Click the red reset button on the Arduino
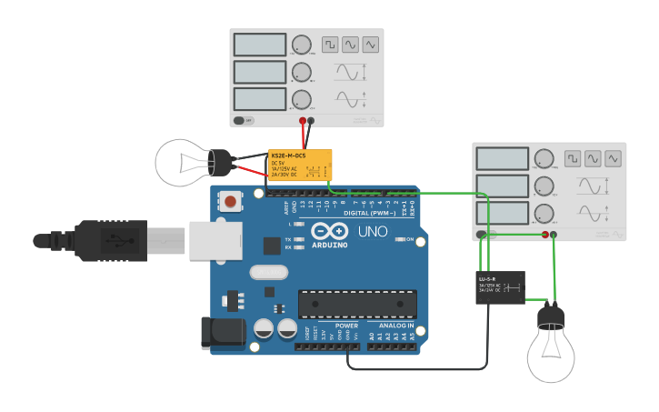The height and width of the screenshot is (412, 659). click(231, 201)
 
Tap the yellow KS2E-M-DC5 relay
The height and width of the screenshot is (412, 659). click(299, 166)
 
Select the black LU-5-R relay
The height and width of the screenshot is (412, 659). click(500, 287)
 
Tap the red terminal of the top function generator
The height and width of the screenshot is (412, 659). click(303, 120)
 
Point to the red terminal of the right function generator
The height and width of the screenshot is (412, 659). click(545, 234)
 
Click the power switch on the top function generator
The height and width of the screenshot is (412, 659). click(243, 120)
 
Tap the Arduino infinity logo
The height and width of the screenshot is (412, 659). click(329, 232)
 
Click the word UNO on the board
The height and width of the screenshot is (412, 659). click(372, 232)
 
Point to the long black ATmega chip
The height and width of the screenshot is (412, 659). click(357, 305)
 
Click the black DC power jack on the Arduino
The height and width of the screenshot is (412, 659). click(223, 332)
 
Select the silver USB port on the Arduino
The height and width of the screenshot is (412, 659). click(215, 241)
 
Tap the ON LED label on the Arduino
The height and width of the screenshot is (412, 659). click(410, 240)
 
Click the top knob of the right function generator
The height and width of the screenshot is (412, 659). click(544, 158)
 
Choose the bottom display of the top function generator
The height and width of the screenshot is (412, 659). click(260, 99)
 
